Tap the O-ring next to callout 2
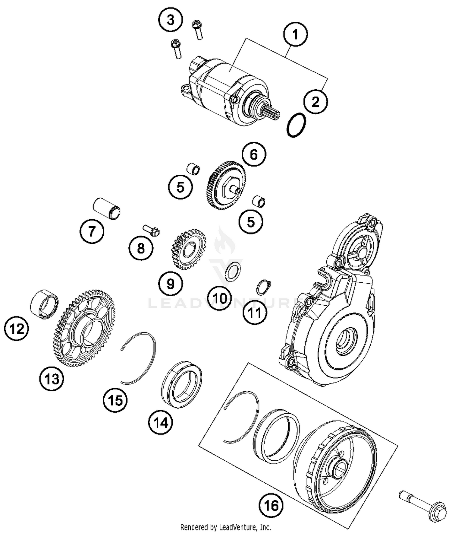tap(296, 125)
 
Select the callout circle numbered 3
tap(171, 21)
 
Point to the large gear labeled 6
tap(226, 185)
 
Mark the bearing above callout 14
tap(182, 384)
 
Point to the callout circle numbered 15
tap(115, 401)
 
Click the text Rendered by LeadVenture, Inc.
tap(225, 527)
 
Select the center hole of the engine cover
tap(347, 341)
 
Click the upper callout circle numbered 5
tap(180, 187)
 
